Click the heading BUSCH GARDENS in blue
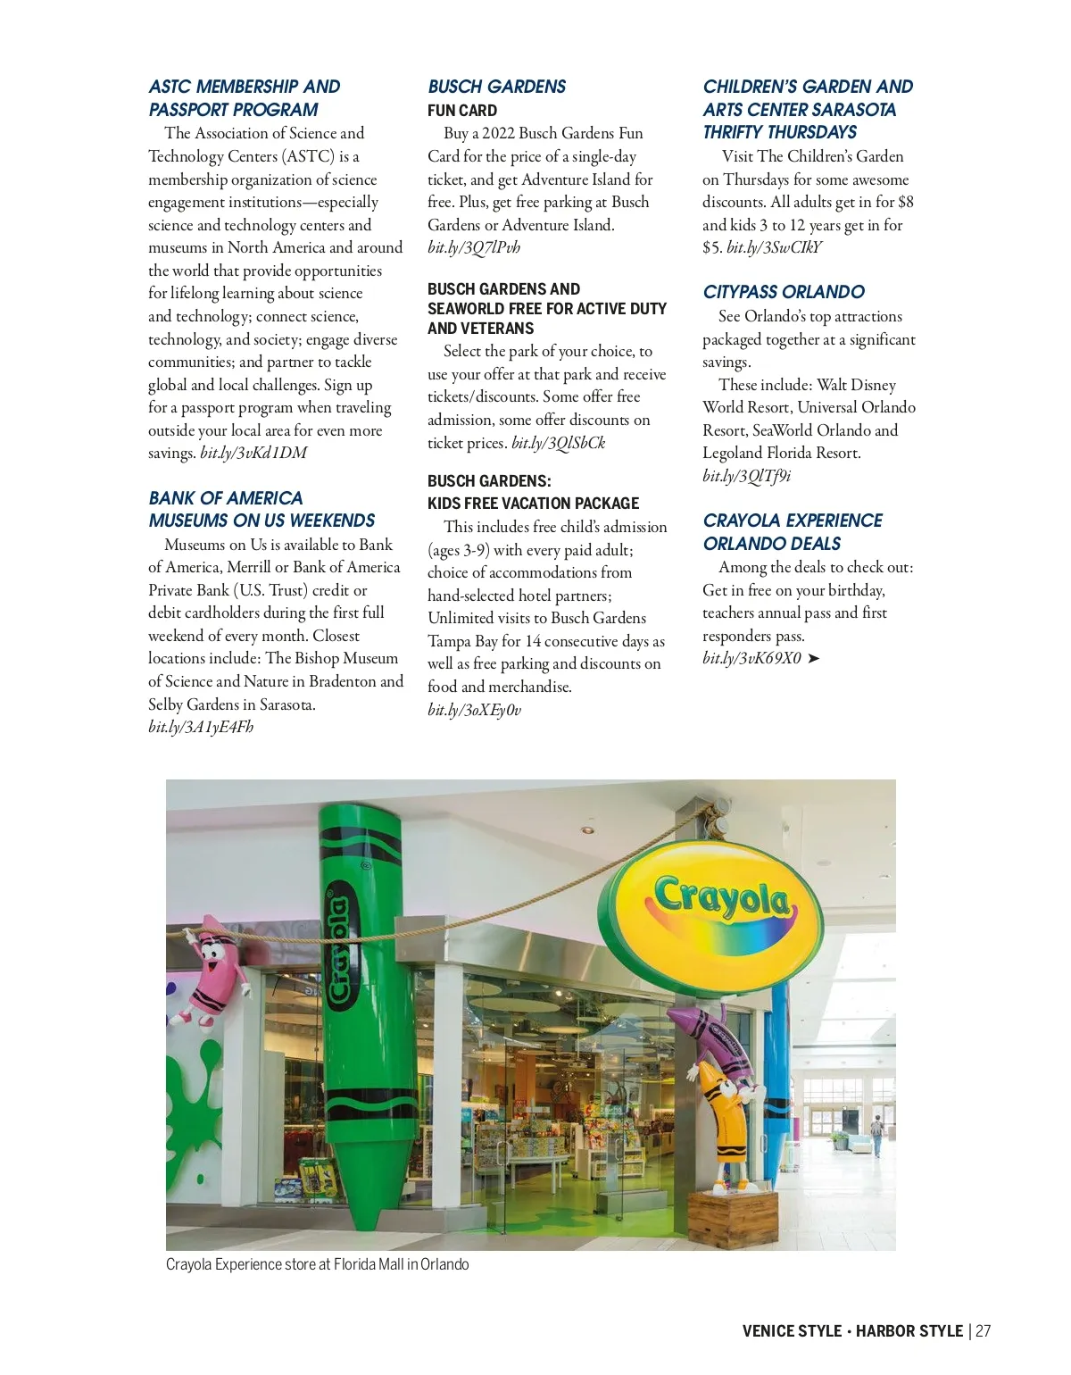point(496,87)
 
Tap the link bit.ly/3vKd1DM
point(253,453)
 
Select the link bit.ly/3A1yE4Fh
point(201,727)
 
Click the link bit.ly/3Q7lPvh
point(473,247)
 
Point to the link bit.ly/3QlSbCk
point(558,443)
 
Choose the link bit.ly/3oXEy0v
point(474,710)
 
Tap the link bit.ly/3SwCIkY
point(774,247)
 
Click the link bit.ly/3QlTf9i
point(746,476)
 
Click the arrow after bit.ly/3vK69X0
point(813,659)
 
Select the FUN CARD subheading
point(462,111)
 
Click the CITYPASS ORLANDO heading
point(783,292)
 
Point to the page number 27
point(983,1330)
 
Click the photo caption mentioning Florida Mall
point(317,1264)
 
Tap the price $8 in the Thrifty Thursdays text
point(905,202)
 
